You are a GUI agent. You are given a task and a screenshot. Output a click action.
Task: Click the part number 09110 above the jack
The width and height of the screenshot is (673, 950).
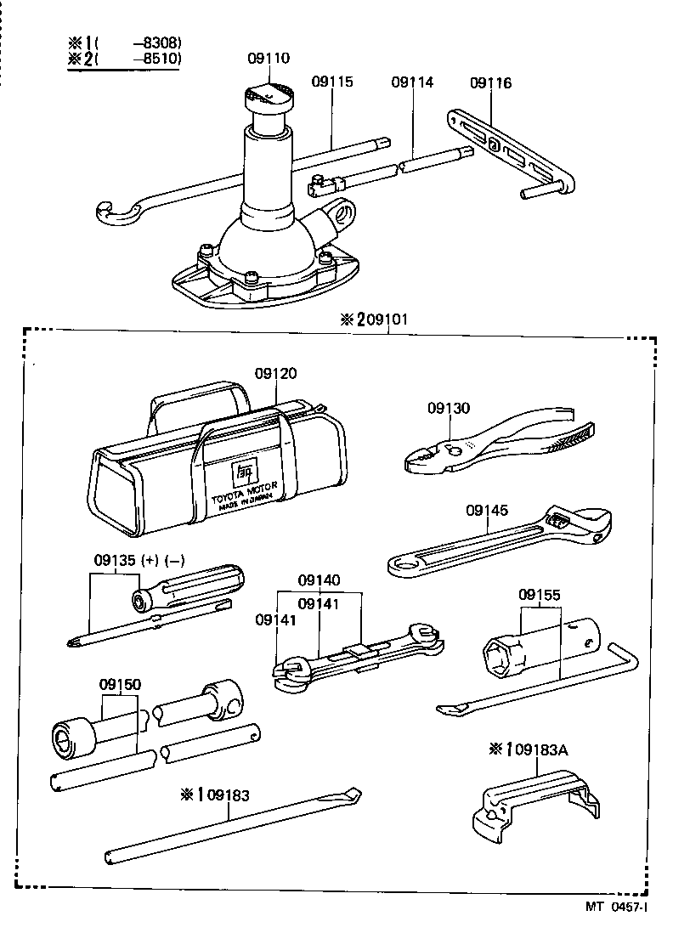tap(269, 59)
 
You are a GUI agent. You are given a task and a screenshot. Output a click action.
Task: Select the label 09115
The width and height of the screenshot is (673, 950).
tap(331, 82)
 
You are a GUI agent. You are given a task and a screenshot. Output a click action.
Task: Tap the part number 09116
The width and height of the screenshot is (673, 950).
tap(490, 82)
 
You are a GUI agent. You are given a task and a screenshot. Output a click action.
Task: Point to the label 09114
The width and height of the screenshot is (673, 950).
tap(412, 82)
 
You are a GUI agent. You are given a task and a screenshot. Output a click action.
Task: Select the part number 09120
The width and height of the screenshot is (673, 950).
tap(276, 374)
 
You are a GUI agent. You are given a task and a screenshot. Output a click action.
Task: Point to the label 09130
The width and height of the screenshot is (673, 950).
tap(448, 408)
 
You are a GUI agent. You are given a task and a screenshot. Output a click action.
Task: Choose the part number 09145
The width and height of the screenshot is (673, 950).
tap(487, 510)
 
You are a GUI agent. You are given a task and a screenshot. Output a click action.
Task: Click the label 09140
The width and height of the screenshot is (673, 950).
tap(319, 580)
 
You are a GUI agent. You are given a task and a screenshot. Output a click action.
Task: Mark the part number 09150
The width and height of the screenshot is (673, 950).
tap(120, 684)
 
